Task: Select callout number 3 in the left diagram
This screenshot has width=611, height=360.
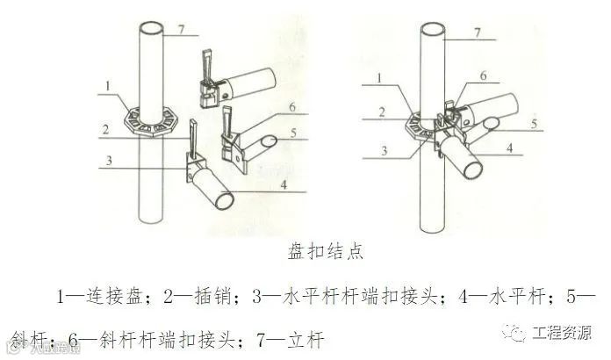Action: point(106,160)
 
